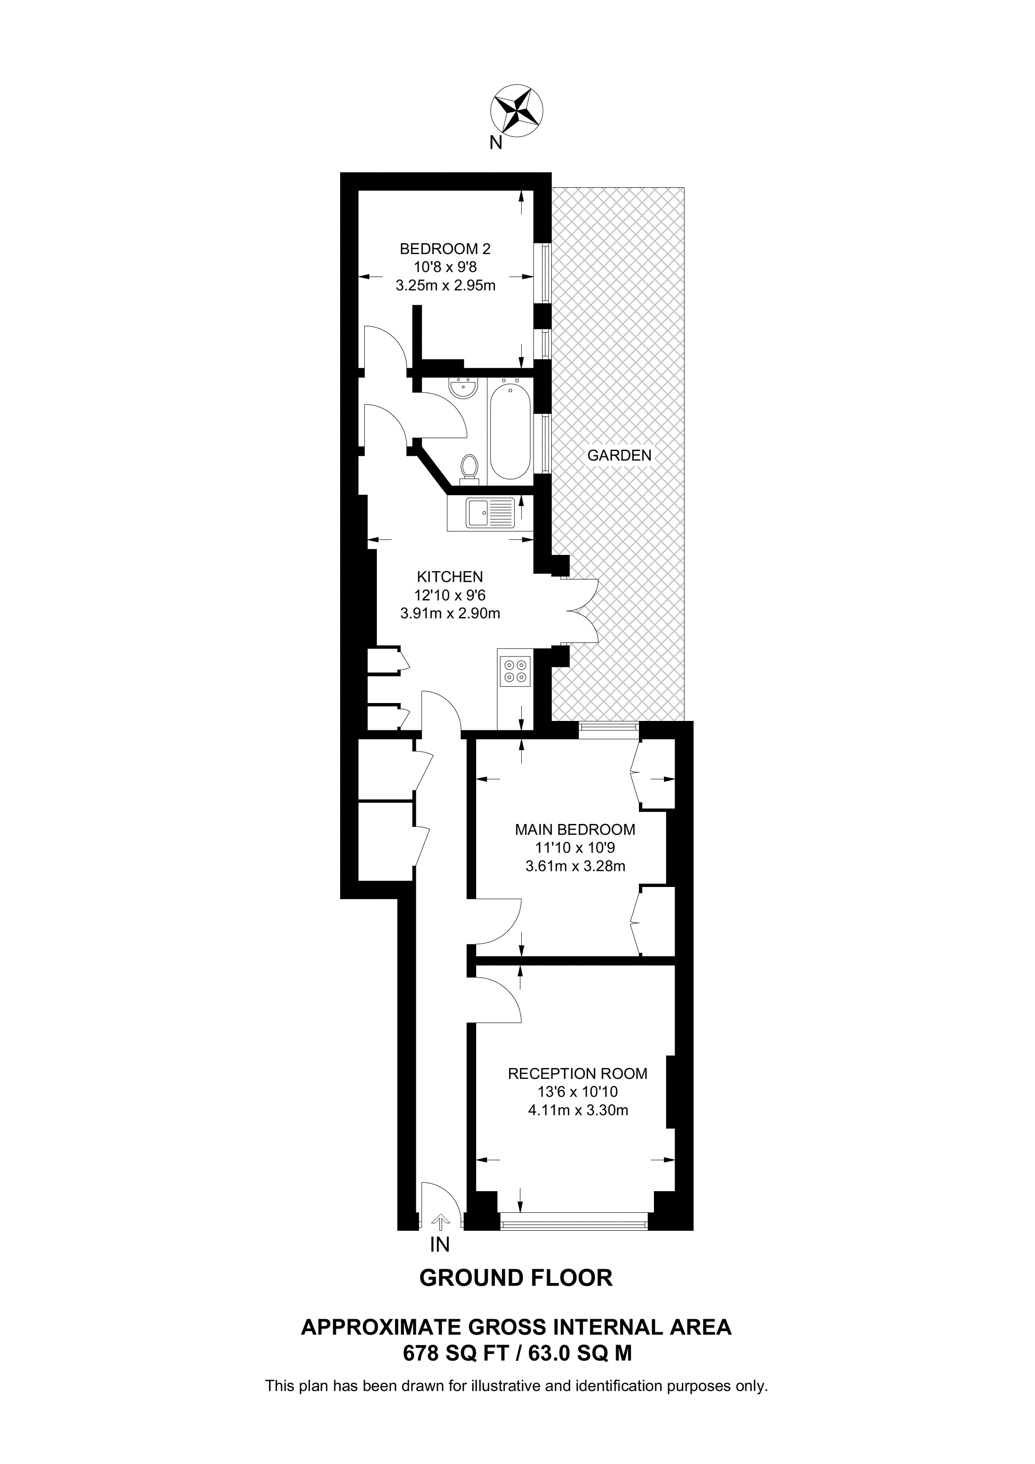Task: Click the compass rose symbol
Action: coord(517,111)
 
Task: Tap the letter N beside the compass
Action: coord(495,143)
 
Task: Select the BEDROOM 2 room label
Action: coord(445,249)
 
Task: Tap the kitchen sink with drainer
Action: coord(490,513)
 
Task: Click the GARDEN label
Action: coord(619,455)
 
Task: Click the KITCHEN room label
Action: coord(450,577)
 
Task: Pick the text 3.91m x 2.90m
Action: coord(450,614)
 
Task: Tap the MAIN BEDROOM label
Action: coord(574,830)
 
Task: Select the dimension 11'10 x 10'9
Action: coord(574,848)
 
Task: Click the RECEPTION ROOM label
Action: coord(577,1074)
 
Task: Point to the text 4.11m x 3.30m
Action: coord(578,1110)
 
